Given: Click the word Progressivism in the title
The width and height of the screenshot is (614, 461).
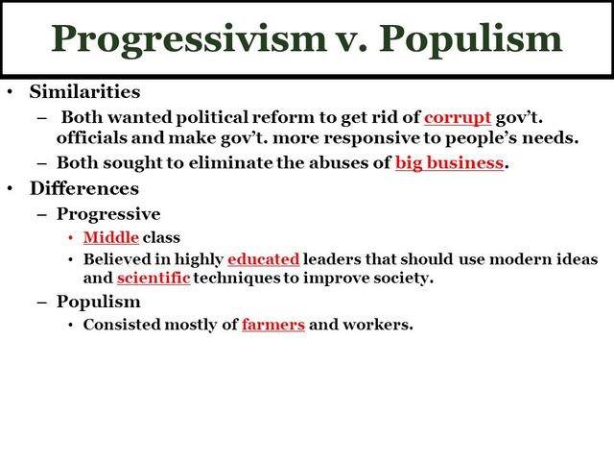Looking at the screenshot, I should [x=188, y=38].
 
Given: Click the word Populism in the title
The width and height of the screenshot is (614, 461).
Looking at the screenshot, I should [x=470, y=38].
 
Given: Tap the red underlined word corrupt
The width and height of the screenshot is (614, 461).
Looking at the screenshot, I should [x=458, y=117].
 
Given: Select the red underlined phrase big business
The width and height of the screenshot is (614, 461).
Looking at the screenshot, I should [x=449, y=162].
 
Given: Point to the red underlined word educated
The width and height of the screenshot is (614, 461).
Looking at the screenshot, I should [x=264, y=259].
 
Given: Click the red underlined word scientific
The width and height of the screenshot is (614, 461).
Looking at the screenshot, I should [x=154, y=279].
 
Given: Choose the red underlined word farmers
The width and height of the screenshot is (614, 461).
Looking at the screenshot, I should [x=273, y=324].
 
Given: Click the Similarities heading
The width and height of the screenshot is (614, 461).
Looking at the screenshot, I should [x=84, y=93].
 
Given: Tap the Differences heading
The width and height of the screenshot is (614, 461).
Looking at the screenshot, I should [x=83, y=188].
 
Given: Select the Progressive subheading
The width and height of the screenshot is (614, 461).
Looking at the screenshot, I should [x=108, y=213].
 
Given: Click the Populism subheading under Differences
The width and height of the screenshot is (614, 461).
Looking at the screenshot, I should [x=99, y=302].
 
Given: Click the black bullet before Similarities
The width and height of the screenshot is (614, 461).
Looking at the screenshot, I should [x=10, y=93].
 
